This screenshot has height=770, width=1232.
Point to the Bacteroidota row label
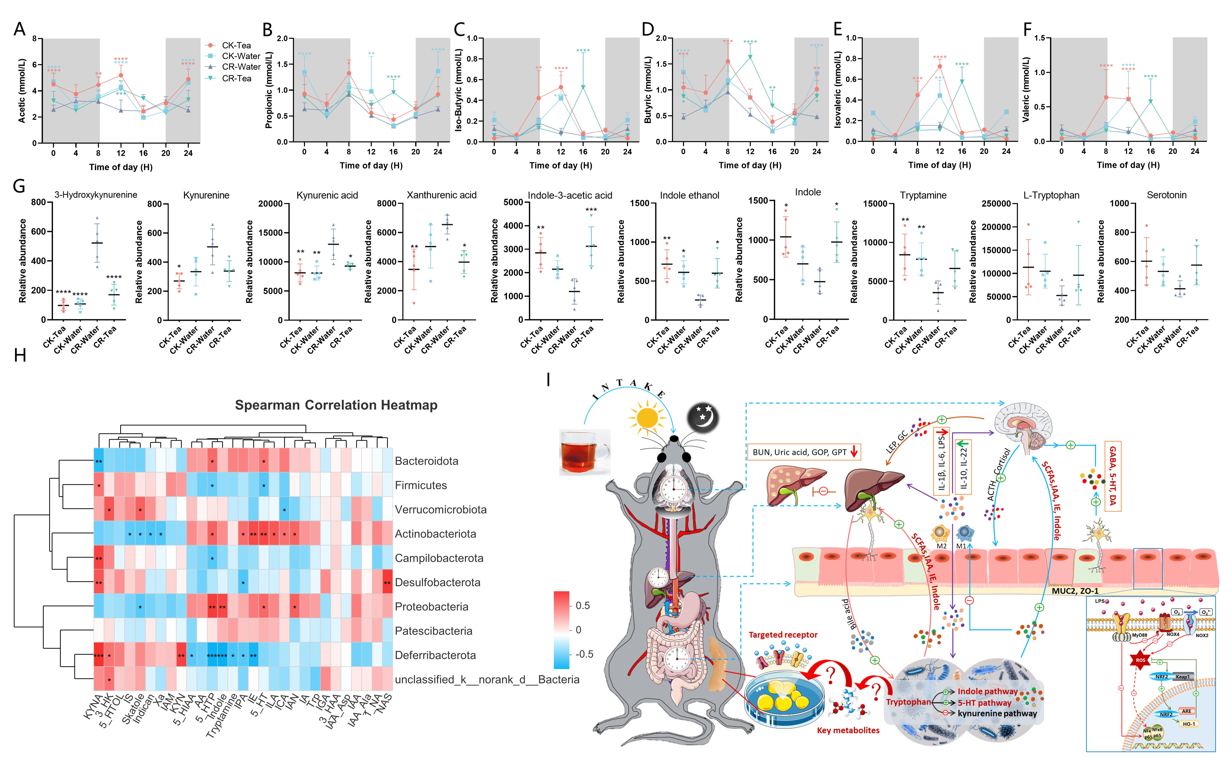pyautogui.click(x=426, y=461)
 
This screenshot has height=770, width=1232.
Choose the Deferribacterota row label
pyautogui.click(x=435, y=655)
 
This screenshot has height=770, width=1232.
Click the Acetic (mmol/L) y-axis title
pyautogui.click(x=22, y=91)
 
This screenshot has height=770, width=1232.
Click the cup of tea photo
pyautogui.click(x=584, y=452)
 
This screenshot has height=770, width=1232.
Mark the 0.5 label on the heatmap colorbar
pyautogui.click(x=582, y=605)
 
